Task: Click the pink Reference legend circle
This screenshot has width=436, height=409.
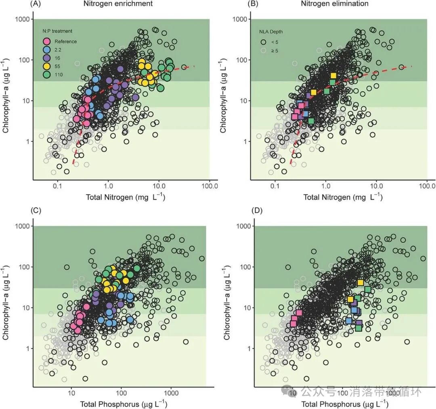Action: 47,41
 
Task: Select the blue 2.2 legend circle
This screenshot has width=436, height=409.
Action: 47,50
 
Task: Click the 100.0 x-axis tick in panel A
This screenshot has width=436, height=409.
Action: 209,187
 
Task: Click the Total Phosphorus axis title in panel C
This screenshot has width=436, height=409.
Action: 124,404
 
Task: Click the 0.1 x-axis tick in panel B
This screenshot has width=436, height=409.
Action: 275,187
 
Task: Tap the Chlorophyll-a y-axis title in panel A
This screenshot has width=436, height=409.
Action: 6,99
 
